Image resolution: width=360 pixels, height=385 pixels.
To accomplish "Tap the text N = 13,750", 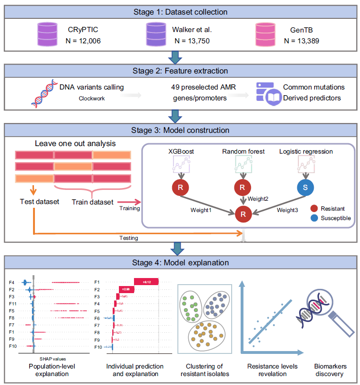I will (x=192, y=41).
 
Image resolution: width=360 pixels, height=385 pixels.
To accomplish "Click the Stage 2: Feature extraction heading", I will (x=180, y=71).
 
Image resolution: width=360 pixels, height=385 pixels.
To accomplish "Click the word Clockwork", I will (x=92, y=98).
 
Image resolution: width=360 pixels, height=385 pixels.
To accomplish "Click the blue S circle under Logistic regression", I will (x=306, y=187).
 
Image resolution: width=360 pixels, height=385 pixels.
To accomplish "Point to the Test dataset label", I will (x=37, y=202).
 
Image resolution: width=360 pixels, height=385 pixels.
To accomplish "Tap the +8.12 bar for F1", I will (x=146, y=281).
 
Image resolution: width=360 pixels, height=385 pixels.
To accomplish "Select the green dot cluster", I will (x=193, y=309).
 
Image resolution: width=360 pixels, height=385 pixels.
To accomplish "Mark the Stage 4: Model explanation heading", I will (x=180, y=262).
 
